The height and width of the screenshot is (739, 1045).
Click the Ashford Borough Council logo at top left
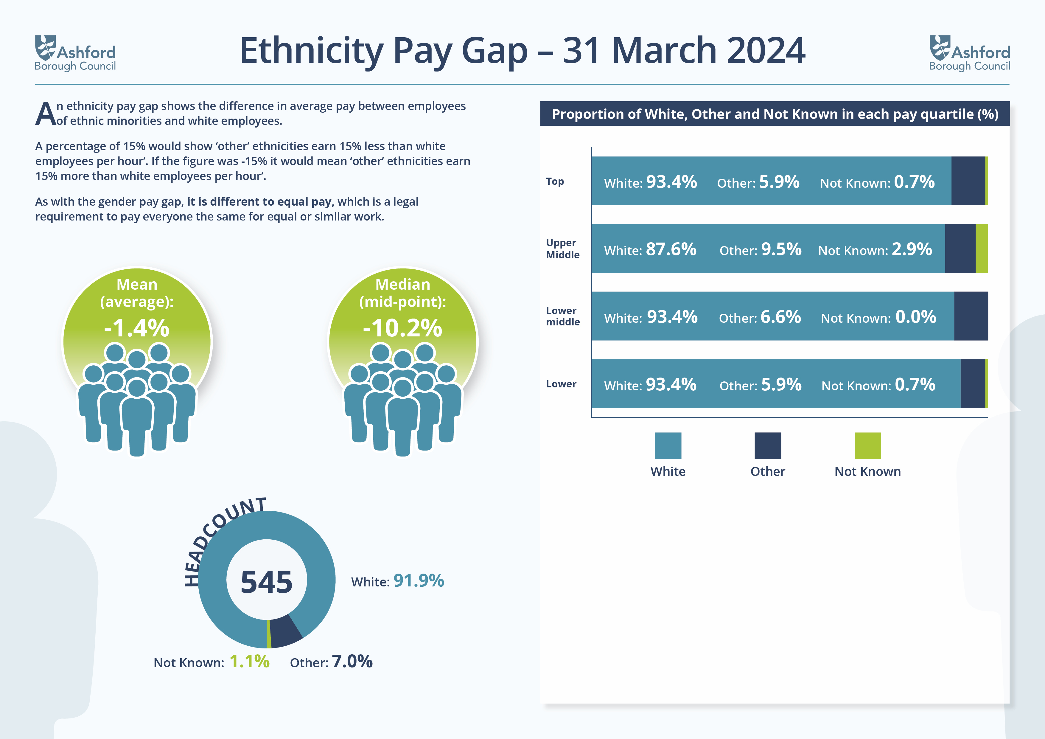click(x=75, y=53)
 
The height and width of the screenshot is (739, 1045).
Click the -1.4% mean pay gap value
click(x=136, y=327)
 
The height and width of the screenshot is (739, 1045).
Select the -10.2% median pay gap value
click(x=402, y=327)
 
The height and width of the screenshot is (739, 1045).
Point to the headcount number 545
click(x=266, y=582)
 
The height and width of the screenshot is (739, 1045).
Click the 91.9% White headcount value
click(x=419, y=580)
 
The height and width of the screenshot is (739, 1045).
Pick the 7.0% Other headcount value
click(x=352, y=661)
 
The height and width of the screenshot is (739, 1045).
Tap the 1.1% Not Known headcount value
click(x=249, y=661)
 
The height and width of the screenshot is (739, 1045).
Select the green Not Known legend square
click(x=867, y=446)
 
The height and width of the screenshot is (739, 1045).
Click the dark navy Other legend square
click(x=768, y=446)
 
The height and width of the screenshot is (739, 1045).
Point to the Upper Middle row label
click(x=562, y=249)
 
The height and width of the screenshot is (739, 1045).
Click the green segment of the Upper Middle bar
click(x=982, y=249)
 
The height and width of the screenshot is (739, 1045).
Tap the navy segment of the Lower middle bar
click(x=971, y=316)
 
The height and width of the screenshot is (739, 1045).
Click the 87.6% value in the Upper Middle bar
click(x=671, y=249)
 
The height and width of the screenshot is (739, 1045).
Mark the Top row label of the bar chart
click(x=555, y=181)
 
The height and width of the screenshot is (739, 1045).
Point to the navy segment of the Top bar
click(x=968, y=181)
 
